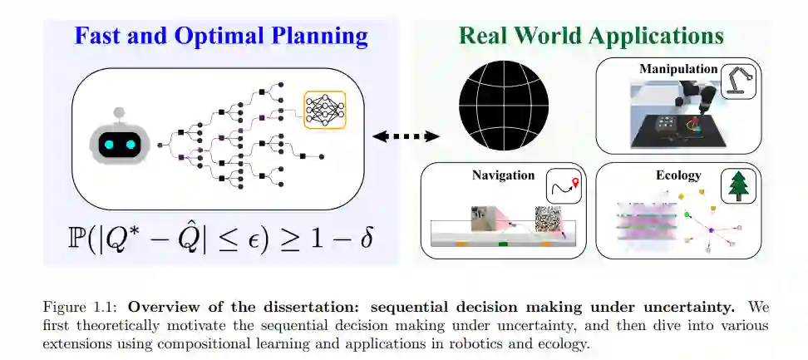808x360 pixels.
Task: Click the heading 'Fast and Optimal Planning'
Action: (x=220, y=36)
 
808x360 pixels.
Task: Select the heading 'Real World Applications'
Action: (x=591, y=36)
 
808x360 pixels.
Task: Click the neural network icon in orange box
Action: (x=324, y=109)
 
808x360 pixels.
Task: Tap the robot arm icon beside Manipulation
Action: (x=737, y=81)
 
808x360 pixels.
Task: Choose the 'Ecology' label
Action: (x=678, y=175)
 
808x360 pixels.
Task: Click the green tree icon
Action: (x=738, y=185)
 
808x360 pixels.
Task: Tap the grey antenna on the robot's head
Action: (x=117, y=111)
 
